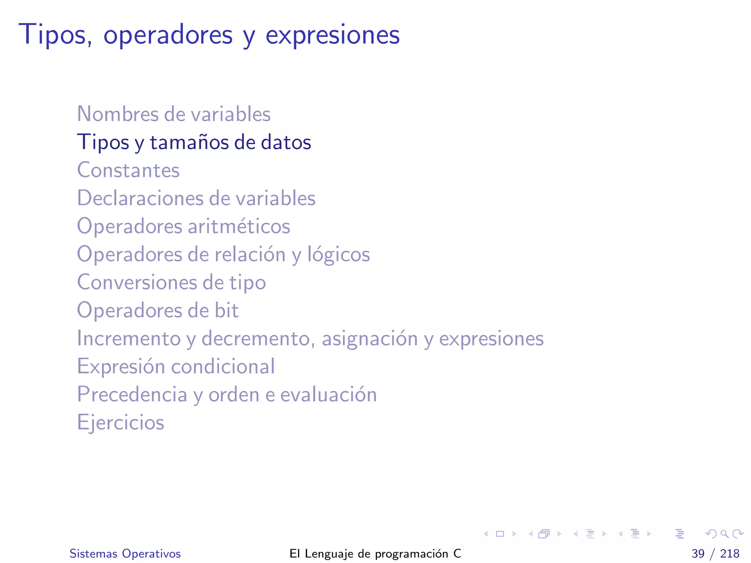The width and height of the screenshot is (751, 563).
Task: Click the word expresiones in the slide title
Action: [x=332, y=36]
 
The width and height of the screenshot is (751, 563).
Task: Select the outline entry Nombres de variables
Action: [x=173, y=114]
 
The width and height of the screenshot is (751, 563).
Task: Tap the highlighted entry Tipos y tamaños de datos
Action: [x=194, y=142]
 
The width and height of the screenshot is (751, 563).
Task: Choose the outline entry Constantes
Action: [x=128, y=170]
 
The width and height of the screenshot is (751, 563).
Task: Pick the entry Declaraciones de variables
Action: [x=196, y=198]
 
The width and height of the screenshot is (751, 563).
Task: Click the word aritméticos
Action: [x=239, y=226]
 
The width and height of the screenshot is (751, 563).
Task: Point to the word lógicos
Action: [x=338, y=254]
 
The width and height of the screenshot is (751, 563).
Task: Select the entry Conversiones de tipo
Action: [x=171, y=282]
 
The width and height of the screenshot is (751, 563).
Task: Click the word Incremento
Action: [x=129, y=338]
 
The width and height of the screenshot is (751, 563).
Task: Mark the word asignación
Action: [x=370, y=339]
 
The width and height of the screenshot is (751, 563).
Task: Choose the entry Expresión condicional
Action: [x=176, y=367]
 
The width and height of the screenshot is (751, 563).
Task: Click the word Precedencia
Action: [x=132, y=394]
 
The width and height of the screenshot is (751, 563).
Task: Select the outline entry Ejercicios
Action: [x=120, y=423]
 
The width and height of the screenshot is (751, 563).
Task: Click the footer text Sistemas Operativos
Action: [x=125, y=553]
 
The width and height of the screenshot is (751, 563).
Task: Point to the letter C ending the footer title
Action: [x=457, y=553]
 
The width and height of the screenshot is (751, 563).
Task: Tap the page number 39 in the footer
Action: [x=698, y=553]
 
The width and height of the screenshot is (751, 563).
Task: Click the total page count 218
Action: [x=729, y=553]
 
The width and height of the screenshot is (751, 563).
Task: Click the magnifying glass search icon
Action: [x=724, y=534]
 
